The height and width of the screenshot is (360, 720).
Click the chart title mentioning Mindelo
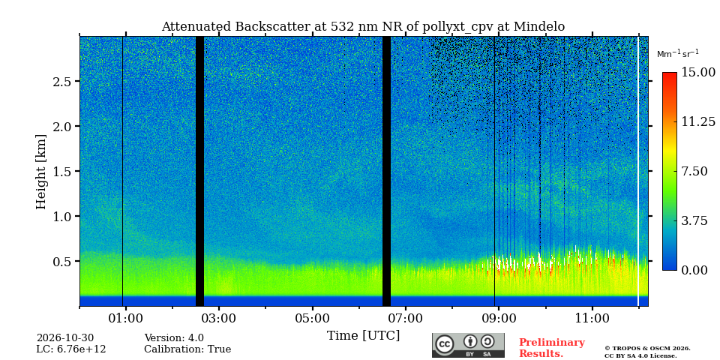[363, 27]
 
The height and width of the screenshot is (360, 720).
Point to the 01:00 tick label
[126, 318]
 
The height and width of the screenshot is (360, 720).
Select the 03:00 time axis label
[219, 318]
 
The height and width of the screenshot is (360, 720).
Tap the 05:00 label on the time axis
[313, 318]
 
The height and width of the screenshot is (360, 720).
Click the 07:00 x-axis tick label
[406, 318]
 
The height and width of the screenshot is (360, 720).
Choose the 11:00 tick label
[592, 318]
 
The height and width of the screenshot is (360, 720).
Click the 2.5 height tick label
[61, 81]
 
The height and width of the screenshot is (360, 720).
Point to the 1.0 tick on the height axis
[61, 216]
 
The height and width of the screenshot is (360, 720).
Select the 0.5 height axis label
[61, 261]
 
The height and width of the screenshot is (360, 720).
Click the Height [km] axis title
[41, 172]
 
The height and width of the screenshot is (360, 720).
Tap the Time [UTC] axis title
[363, 336]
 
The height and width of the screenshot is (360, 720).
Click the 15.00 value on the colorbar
[698, 73]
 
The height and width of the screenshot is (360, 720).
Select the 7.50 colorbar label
[694, 171]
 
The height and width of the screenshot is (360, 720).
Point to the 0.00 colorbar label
[694, 271]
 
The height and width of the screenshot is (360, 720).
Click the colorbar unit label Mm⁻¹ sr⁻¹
[678, 53]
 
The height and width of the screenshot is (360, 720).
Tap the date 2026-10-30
[65, 338]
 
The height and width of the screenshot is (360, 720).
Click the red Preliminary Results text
[552, 348]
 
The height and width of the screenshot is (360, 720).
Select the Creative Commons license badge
[468, 345]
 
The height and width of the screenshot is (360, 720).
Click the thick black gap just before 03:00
[199, 171]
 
